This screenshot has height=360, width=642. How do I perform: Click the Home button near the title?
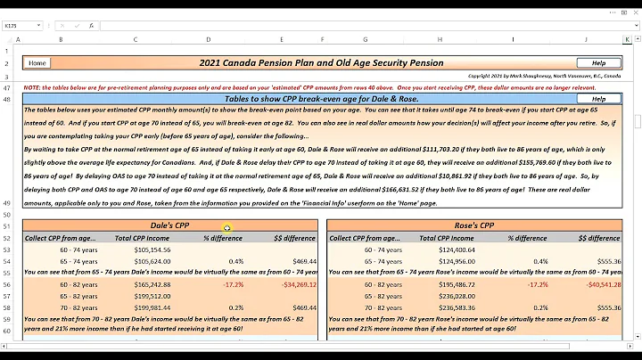[x=37, y=63]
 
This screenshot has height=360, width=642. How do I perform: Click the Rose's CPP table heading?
[x=475, y=226]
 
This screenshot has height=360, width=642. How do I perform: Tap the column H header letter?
[x=439, y=40]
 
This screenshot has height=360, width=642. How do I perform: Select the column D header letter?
[x=209, y=40]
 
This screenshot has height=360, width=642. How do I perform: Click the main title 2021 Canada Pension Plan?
[x=320, y=63]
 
